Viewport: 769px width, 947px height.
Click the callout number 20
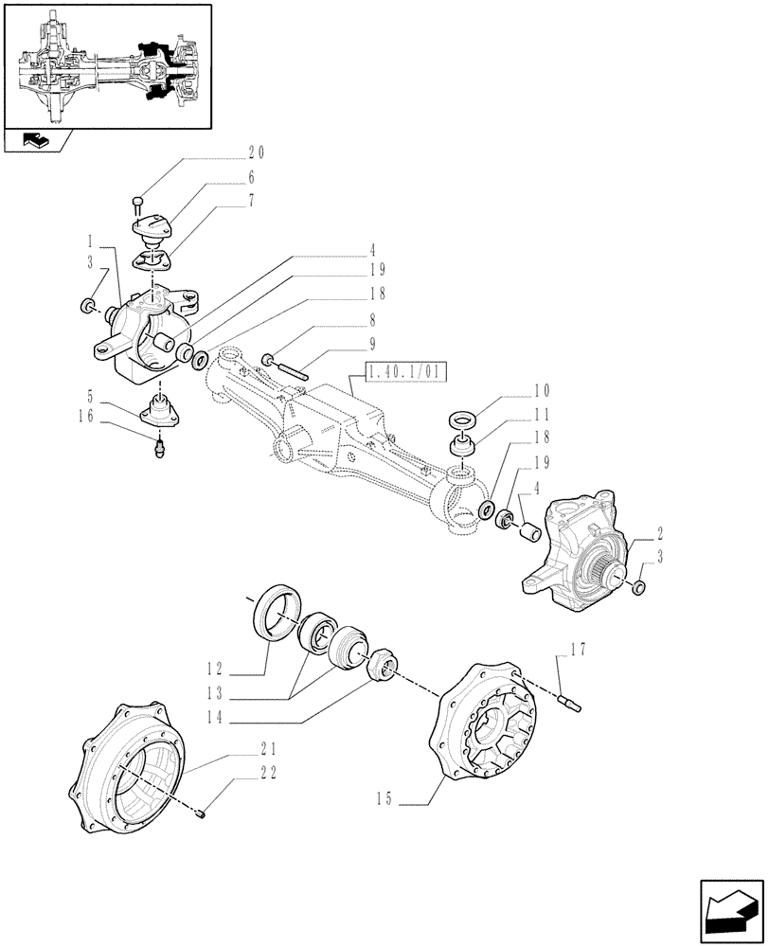pyautogui.click(x=256, y=152)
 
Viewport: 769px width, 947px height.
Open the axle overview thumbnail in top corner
pyautogui.click(x=107, y=65)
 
